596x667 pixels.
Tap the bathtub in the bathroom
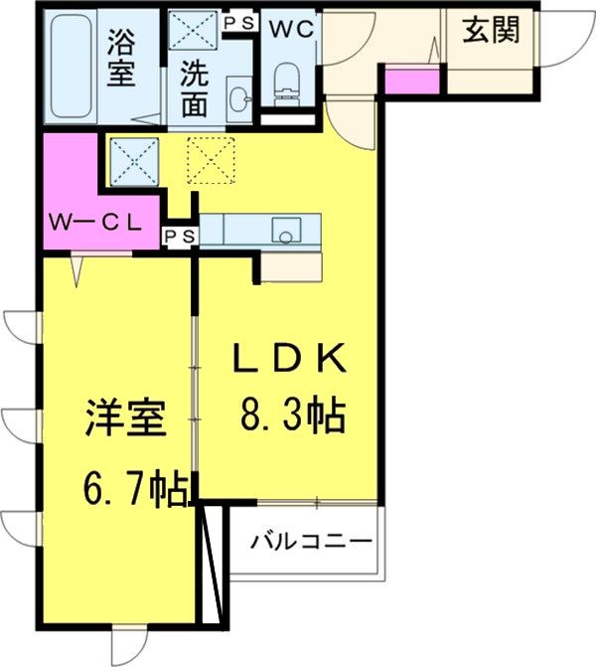point(73,65)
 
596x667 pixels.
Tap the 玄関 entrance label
point(491,32)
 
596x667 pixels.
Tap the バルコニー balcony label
point(311,542)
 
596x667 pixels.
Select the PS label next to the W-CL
point(181,236)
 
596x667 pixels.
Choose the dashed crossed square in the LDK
point(211,160)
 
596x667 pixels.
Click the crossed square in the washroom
point(194,29)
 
